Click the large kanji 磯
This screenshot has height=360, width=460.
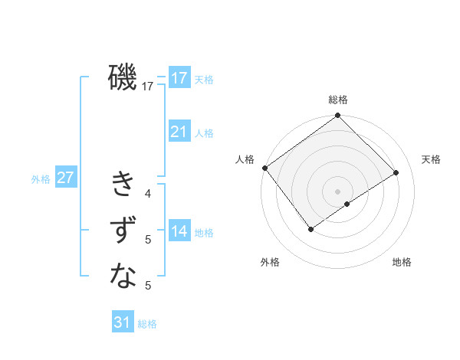(x=123, y=78)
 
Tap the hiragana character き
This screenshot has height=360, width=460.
(x=123, y=185)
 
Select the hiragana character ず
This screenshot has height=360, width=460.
(x=123, y=230)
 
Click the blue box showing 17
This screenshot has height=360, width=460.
(x=179, y=78)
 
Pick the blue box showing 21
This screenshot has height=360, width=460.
(x=179, y=132)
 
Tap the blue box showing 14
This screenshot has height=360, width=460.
(x=179, y=231)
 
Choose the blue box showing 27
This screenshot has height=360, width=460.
(x=66, y=178)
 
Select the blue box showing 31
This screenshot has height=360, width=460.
(x=123, y=322)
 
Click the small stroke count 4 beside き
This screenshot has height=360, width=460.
(x=148, y=194)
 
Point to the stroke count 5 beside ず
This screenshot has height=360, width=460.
(x=148, y=240)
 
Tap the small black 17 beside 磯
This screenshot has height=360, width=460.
(x=148, y=87)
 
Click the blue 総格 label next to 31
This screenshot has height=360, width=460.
(x=147, y=324)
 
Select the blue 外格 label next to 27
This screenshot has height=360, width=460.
(x=41, y=179)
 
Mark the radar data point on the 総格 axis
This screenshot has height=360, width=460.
(x=337, y=116)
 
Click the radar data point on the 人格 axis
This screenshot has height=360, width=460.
(x=264, y=168)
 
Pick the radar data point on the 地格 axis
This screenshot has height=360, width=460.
(x=347, y=204)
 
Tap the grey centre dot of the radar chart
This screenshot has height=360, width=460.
(x=337, y=191)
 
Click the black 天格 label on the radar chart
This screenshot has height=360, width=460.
(x=431, y=159)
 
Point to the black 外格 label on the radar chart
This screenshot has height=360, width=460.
(x=270, y=263)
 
